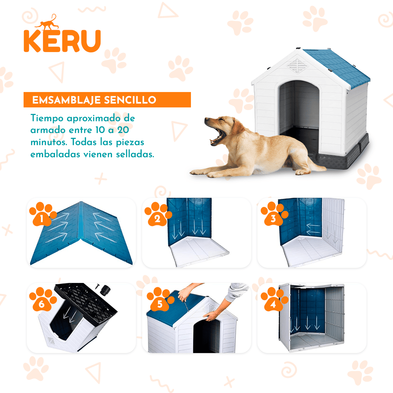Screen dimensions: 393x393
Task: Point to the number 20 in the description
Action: (123, 130)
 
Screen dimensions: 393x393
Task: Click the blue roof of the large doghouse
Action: (337, 67)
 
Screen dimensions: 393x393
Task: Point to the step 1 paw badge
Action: (42, 215)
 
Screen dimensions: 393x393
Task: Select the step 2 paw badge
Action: (158, 215)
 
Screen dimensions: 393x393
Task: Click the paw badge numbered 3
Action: (273, 215)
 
